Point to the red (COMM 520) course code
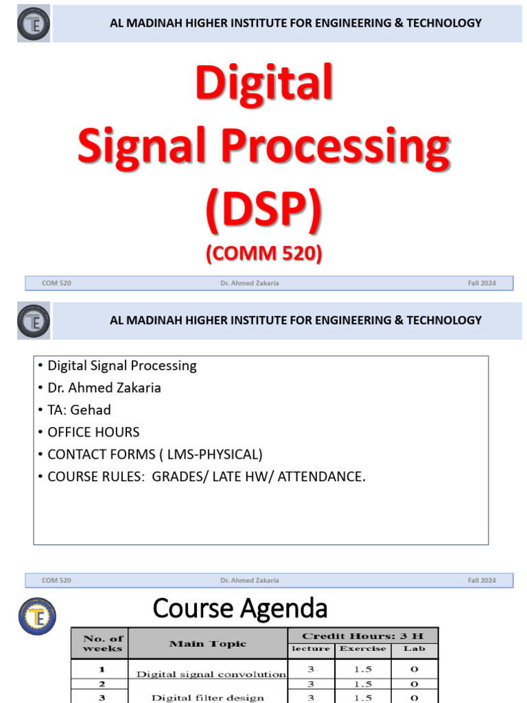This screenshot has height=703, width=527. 263,253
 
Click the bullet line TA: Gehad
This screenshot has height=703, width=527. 79,410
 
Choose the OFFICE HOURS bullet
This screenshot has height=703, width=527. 93,432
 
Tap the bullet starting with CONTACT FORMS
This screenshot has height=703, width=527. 154,454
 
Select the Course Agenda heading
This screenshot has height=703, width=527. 239,608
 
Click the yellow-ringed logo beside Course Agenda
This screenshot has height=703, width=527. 37,615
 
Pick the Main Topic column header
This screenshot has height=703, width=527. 207,643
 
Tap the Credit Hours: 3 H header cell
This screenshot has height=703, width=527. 362,635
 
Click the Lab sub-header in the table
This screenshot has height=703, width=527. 414,648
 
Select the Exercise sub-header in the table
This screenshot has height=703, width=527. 362,648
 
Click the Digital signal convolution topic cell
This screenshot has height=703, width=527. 211,674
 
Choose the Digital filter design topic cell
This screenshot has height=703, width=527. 207,698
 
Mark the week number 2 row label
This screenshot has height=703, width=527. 102,684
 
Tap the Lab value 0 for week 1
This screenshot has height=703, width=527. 414,668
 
